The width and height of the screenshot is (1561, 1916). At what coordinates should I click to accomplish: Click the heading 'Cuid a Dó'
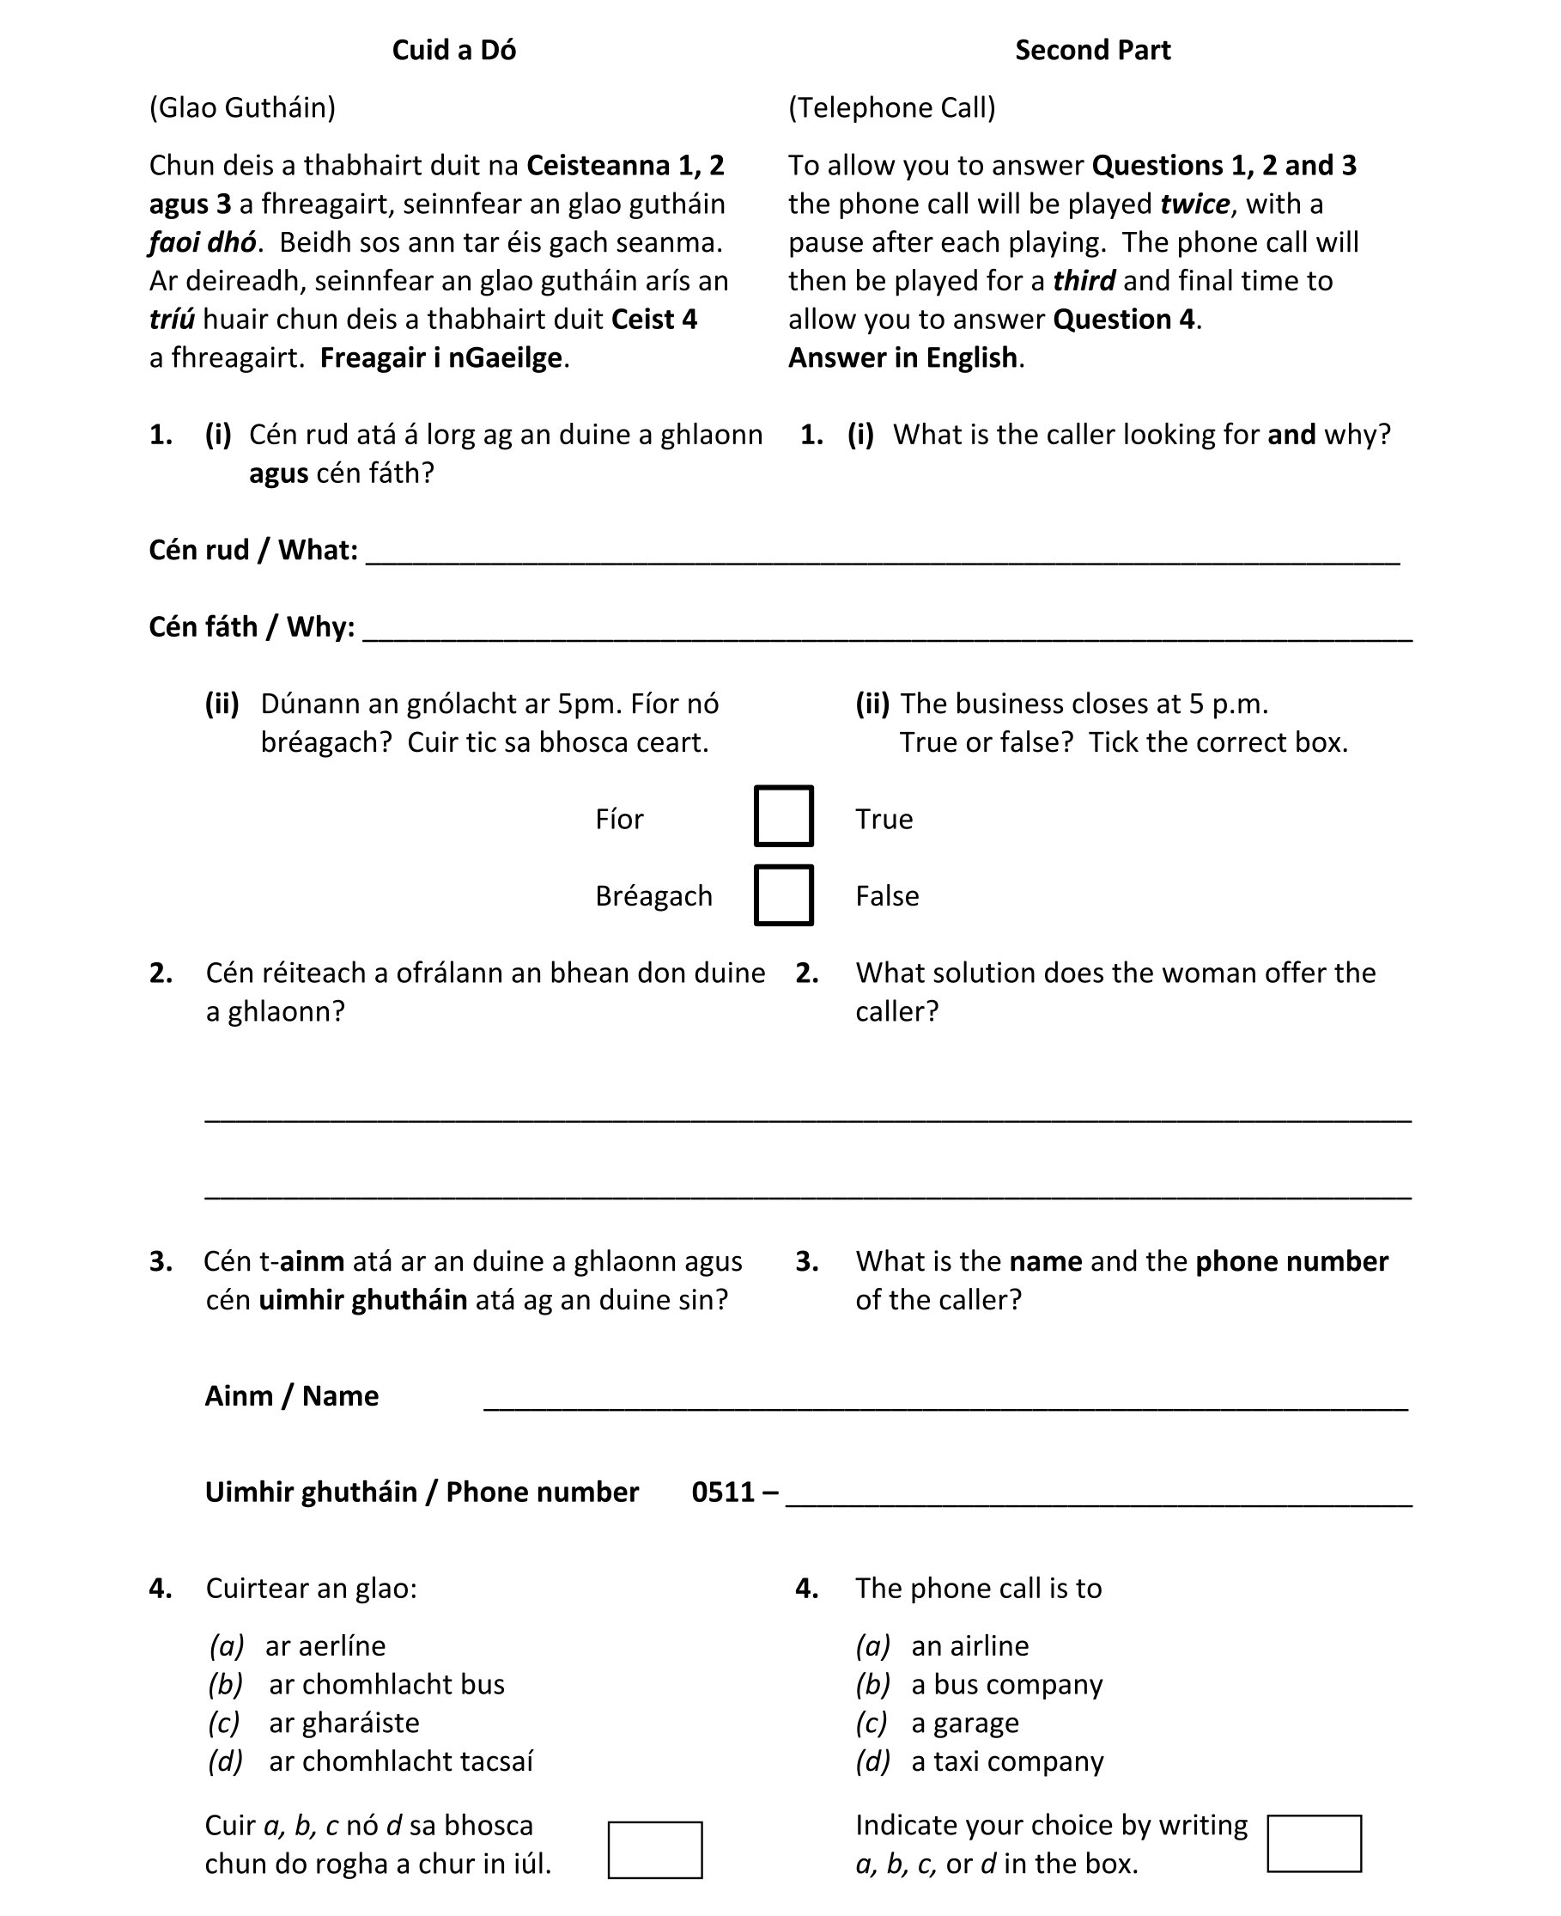pos(453,51)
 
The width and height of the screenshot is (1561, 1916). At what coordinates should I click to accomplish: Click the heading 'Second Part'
pos(1091,51)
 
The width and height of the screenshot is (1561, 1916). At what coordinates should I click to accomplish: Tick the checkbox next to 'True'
pos(783,816)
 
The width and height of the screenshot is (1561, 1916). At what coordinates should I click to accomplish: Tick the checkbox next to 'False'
pos(783,895)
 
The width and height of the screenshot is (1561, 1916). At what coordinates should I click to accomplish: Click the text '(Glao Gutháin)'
pos(242,108)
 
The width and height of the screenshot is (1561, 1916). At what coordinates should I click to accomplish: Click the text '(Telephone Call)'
pos(891,108)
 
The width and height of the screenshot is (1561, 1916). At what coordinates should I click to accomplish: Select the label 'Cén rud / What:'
pos(252,550)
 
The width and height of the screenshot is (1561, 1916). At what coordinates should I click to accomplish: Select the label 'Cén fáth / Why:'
pos(251,627)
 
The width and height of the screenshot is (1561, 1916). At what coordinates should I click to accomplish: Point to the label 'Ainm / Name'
pos(291,1395)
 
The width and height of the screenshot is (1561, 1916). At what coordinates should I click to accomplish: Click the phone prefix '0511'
pos(723,1492)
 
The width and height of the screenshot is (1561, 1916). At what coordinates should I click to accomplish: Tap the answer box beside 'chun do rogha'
pos(654,1850)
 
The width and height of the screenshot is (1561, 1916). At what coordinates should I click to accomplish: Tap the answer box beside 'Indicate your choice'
pos(1313,1843)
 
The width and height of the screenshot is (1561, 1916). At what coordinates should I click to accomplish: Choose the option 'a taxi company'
pos(1006,1760)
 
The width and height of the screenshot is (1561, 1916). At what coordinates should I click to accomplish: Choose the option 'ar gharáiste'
pos(343,1722)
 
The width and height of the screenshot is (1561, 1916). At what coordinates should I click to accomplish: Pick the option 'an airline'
pos(969,1645)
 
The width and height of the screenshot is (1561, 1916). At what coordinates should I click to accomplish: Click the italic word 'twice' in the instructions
pos(1194,204)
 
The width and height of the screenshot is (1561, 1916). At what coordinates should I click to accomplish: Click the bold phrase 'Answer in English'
pos(902,358)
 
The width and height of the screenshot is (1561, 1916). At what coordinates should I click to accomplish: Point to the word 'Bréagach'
pos(653,896)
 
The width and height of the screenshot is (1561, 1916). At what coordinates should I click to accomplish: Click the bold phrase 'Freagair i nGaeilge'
pos(440,358)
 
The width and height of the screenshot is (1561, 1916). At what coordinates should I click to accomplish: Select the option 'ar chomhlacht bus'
pos(386,1684)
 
